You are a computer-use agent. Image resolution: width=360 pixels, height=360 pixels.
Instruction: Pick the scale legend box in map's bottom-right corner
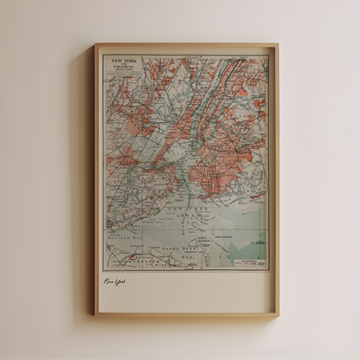(260, 261)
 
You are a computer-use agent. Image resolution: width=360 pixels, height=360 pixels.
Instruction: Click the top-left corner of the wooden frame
(96, 45)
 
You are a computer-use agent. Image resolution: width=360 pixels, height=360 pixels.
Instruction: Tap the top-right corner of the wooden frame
(277, 45)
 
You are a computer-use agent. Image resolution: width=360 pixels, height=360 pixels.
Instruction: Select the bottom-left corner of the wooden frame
(96, 313)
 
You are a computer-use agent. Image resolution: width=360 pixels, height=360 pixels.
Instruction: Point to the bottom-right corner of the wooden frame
(277, 313)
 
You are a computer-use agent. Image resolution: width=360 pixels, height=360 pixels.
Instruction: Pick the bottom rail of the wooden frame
(186, 312)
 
